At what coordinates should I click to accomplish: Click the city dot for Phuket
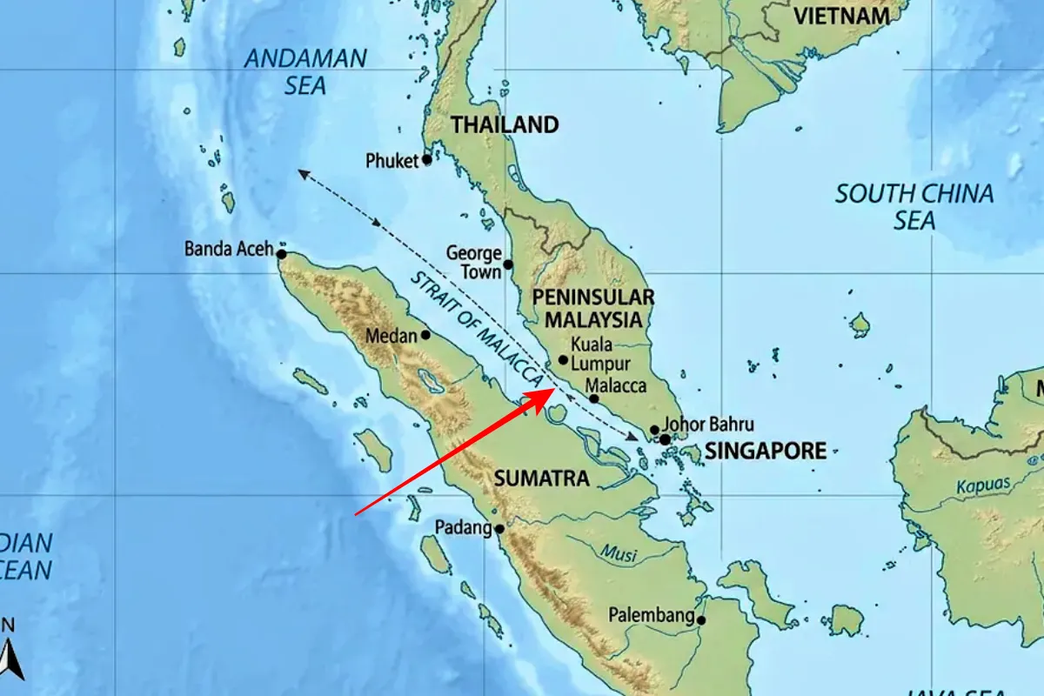point(427,160)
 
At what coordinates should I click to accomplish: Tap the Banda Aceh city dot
point(281,254)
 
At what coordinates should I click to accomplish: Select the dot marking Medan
point(425,335)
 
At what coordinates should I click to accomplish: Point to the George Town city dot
point(508,264)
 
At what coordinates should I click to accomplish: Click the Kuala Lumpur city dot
point(563,360)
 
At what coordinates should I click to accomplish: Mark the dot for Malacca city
point(594,399)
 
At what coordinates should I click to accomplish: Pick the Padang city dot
point(499,528)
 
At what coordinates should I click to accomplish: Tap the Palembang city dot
point(701,620)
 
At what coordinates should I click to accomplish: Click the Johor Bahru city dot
point(654,430)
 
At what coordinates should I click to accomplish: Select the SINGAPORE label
point(765,452)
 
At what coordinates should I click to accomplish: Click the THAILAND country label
point(505,125)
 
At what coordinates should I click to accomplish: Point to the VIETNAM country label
point(841,17)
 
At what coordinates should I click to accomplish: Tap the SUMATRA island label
point(542,478)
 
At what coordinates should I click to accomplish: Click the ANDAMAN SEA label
point(305,72)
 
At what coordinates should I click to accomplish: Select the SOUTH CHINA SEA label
point(914,206)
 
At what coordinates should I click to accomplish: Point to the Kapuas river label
point(983,485)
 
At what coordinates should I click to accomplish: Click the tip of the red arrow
point(552,390)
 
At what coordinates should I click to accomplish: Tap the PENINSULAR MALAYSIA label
point(593,308)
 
